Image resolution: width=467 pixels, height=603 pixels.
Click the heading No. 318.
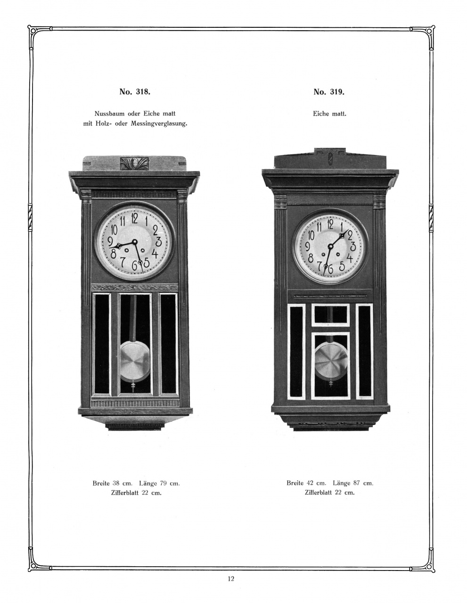click(x=135, y=92)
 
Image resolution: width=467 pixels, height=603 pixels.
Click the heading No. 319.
click(x=329, y=92)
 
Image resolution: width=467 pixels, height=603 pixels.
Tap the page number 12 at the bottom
click(x=230, y=579)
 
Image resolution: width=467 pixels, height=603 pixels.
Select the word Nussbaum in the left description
click(x=108, y=114)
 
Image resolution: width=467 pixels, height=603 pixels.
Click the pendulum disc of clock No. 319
click(x=330, y=360)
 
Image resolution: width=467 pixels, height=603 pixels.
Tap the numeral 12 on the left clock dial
click(x=135, y=218)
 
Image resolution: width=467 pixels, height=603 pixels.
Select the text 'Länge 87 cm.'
click(x=353, y=483)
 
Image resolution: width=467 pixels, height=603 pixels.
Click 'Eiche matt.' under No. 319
click(x=329, y=114)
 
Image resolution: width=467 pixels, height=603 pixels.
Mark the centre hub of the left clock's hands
click(x=135, y=242)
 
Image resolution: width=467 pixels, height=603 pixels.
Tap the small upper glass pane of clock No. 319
click(x=330, y=315)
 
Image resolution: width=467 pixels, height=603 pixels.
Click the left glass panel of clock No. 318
click(x=102, y=343)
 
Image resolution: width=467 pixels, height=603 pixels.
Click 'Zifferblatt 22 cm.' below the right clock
click(x=329, y=493)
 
